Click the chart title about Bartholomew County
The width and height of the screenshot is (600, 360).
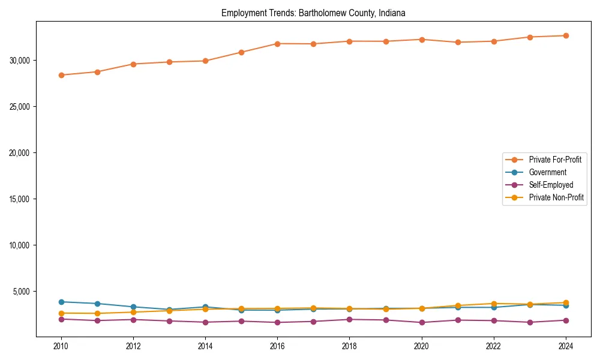click(314, 13)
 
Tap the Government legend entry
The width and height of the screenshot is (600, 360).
click(547, 172)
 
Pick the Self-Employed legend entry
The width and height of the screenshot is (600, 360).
click(551, 185)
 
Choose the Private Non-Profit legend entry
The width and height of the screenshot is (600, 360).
click(556, 197)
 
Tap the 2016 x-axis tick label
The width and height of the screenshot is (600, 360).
click(277, 346)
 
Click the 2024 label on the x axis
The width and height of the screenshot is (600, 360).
click(566, 346)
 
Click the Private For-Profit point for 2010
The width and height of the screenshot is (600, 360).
click(61, 75)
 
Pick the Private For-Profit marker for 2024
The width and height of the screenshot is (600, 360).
click(566, 35)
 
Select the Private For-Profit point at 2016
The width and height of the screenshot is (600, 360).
click(277, 44)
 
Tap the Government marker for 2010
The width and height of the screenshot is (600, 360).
click(61, 302)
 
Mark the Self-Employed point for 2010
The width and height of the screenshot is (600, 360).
click(61, 319)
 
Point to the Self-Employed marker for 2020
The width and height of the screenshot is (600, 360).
click(422, 323)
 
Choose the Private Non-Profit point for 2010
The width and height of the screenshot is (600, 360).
click(61, 313)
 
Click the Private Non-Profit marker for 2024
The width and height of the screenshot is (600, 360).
click(566, 303)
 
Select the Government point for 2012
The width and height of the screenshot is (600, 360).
click(133, 307)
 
